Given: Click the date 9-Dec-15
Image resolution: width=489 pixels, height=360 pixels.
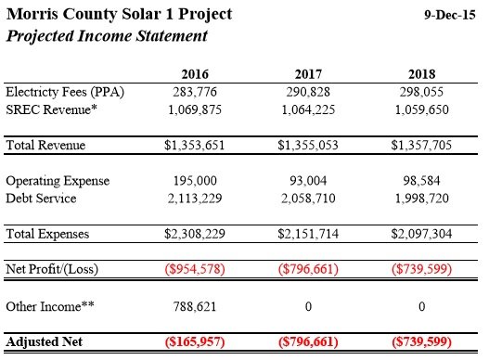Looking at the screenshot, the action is [450, 15].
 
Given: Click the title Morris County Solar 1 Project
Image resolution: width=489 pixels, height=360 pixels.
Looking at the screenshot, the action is [119, 15].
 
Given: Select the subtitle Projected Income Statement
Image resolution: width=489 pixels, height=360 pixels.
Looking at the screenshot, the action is [107, 36].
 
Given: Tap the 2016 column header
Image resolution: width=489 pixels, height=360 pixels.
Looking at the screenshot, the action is [195, 74].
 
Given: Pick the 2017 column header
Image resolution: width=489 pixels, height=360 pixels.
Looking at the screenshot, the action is [308, 74].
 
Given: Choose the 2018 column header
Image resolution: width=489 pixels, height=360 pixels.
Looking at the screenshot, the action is [421, 74].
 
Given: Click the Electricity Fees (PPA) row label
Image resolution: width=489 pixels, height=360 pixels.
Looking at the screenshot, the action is [65, 93].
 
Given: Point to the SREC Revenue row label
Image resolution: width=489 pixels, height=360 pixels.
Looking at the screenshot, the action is [51, 109].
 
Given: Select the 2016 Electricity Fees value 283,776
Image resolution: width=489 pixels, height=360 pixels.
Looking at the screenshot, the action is [195, 92].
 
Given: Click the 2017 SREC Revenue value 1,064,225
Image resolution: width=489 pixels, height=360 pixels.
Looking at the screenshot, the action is [308, 109].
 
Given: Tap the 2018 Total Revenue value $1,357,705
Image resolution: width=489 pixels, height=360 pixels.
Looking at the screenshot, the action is [421, 145].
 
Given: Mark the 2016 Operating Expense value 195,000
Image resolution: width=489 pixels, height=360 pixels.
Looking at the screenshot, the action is [195, 181].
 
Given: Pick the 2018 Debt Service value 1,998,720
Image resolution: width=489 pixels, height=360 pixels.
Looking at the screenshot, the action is [421, 199].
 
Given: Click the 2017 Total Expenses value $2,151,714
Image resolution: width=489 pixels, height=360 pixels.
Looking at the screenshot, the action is [308, 234].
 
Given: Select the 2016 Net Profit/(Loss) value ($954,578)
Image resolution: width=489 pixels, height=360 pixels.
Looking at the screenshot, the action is [195, 269].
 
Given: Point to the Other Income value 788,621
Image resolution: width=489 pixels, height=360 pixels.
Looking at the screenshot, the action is [195, 307].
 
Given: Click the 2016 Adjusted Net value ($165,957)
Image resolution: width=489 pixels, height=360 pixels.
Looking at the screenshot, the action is [195, 341].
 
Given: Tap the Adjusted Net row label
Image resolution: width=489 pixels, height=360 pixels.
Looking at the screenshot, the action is [44, 341].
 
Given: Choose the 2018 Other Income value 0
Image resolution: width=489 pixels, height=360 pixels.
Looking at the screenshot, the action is [421, 307].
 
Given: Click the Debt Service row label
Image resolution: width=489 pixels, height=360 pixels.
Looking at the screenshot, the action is [41, 199].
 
